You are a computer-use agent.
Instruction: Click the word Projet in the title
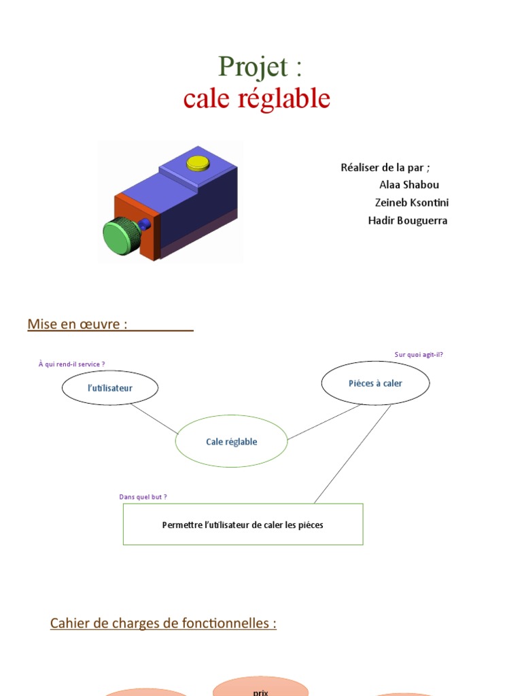tap(247, 67)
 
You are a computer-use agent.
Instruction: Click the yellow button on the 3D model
tap(198, 162)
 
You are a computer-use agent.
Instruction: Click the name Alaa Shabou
tap(409, 185)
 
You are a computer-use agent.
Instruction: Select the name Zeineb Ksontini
tap(411, 203)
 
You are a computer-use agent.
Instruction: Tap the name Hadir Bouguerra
tap(407, 220)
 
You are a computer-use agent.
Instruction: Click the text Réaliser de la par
tap(385, 167)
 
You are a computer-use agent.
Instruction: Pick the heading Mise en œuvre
tap(77, 324)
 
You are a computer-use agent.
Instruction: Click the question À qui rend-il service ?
tap(71, 364)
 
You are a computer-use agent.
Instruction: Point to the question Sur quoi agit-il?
tap(419, 354)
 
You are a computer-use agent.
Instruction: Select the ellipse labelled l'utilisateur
tap(110, 388)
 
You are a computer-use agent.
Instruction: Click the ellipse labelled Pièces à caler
tap(375, 383)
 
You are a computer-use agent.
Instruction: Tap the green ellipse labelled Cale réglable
tap(231, 442)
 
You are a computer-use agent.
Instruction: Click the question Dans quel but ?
tap(143, 497)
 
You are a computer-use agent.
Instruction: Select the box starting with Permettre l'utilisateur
tap(243, 525)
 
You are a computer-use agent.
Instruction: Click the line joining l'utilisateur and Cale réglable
tap(154, 418)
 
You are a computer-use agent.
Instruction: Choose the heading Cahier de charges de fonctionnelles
tap(163, 623)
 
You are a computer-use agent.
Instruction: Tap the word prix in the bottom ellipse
tap(260, 692)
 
